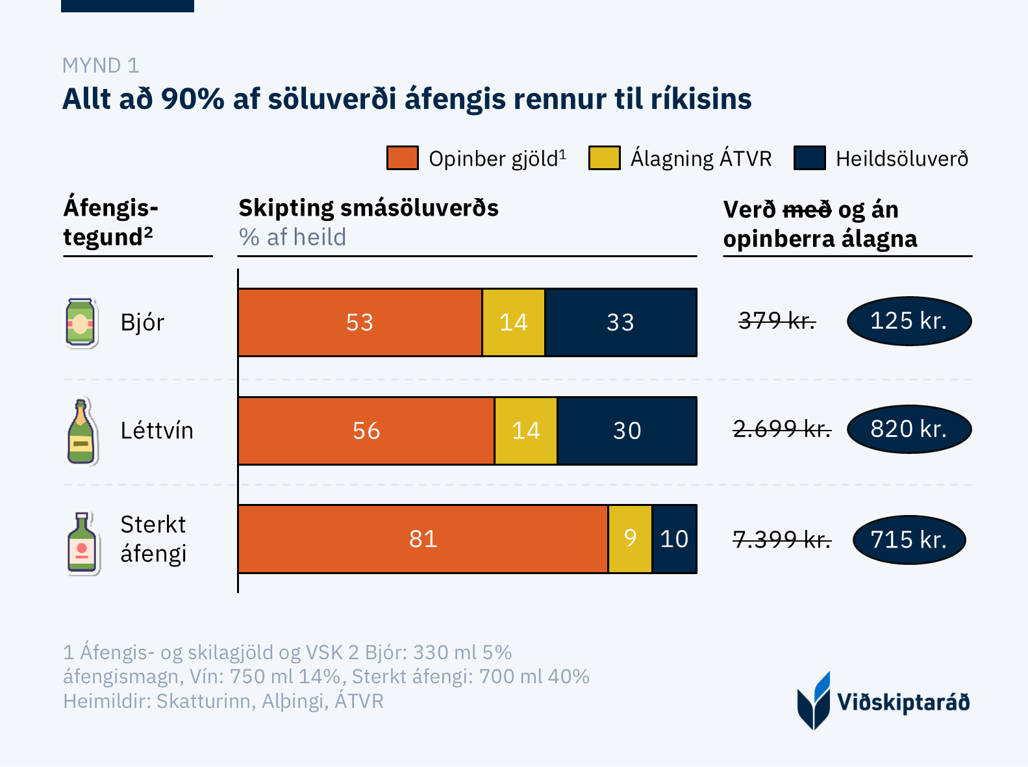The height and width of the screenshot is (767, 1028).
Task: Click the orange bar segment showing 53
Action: pos(360,322)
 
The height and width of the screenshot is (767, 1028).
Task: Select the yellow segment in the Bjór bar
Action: pos(513,322)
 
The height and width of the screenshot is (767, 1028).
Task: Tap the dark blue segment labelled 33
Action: pos(620,322)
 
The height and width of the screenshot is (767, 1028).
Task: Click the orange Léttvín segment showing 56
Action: pos(366,431)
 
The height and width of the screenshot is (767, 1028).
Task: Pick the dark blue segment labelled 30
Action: pos(627,431)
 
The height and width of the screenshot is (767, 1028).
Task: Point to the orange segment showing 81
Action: pos(423,539)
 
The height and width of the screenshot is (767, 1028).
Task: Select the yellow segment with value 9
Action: pos(630,539)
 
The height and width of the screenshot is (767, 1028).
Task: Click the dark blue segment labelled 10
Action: pos(674,539)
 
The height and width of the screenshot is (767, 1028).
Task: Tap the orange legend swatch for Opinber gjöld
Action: pos(402,158)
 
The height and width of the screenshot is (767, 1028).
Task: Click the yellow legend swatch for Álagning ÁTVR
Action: pos(604,158)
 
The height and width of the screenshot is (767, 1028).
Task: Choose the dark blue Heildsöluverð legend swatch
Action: pos(809,158)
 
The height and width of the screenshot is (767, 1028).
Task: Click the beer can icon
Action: pos(81,323)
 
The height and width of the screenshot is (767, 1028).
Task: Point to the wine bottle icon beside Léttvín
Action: pos(81,431)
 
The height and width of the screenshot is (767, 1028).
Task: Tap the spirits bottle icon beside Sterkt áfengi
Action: pos(82,543)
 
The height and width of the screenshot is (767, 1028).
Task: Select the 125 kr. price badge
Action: pos(909,321)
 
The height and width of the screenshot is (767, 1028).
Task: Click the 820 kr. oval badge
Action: pos(909,429)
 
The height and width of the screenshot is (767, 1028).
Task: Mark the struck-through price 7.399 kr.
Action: pos(782,539)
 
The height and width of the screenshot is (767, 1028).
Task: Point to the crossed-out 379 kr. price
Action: pos(777,320)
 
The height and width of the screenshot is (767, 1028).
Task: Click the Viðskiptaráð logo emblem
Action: pos(814,701)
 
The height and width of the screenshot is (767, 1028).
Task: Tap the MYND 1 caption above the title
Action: pos(101,66)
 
